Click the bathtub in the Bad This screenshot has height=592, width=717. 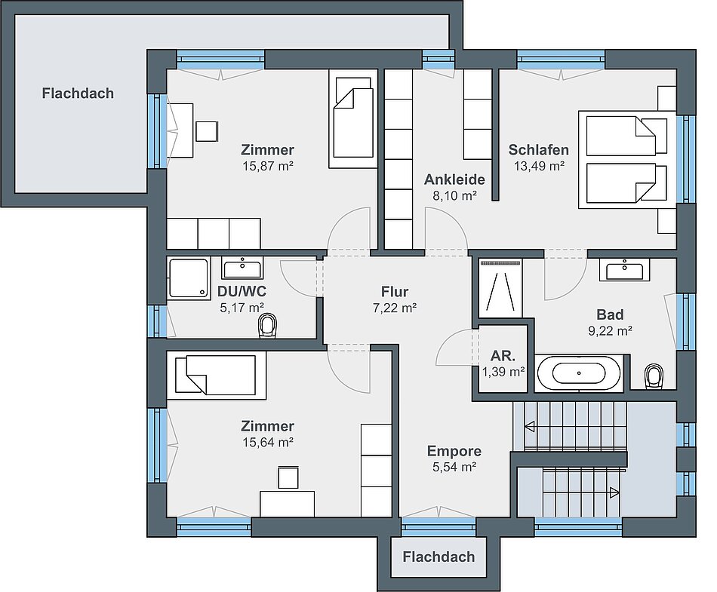pyautogui.click(x=579, y=373)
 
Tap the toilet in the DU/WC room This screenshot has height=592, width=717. pyautogui.click(x=268, y=326)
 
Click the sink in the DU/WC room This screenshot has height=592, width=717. pyautogui.click(x=242, y=268)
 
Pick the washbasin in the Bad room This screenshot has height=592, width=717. pyautogui.click(x=625, y=269)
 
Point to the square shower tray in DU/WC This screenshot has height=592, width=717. pyautogui.click(x=189, y=278)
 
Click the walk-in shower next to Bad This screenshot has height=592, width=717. pyautogui.click(x=500, y=288)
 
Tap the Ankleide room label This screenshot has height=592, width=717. pyautogui.click(x=454, y=179)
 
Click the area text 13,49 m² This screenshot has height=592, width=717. pyautogui.click(x=539, y=166)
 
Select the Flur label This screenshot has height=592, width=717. pyautogui.click(x=395, y=291)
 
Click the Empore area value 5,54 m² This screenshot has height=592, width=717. pyautogui.click(x=454, y=467)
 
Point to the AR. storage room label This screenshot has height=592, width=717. pyautogui.click(x=503, y=356)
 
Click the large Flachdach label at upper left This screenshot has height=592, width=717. pyautogui.click(x=78, y=94)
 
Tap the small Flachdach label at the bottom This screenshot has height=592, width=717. pyautogui.click(x=439, y=557)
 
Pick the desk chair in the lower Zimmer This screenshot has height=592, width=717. pyautogui.click(x=288, y=477)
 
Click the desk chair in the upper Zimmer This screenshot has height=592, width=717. pyautogui.click(x=207, y=131)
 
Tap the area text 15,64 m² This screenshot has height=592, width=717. pyautogui.click(x=267, y=442)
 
